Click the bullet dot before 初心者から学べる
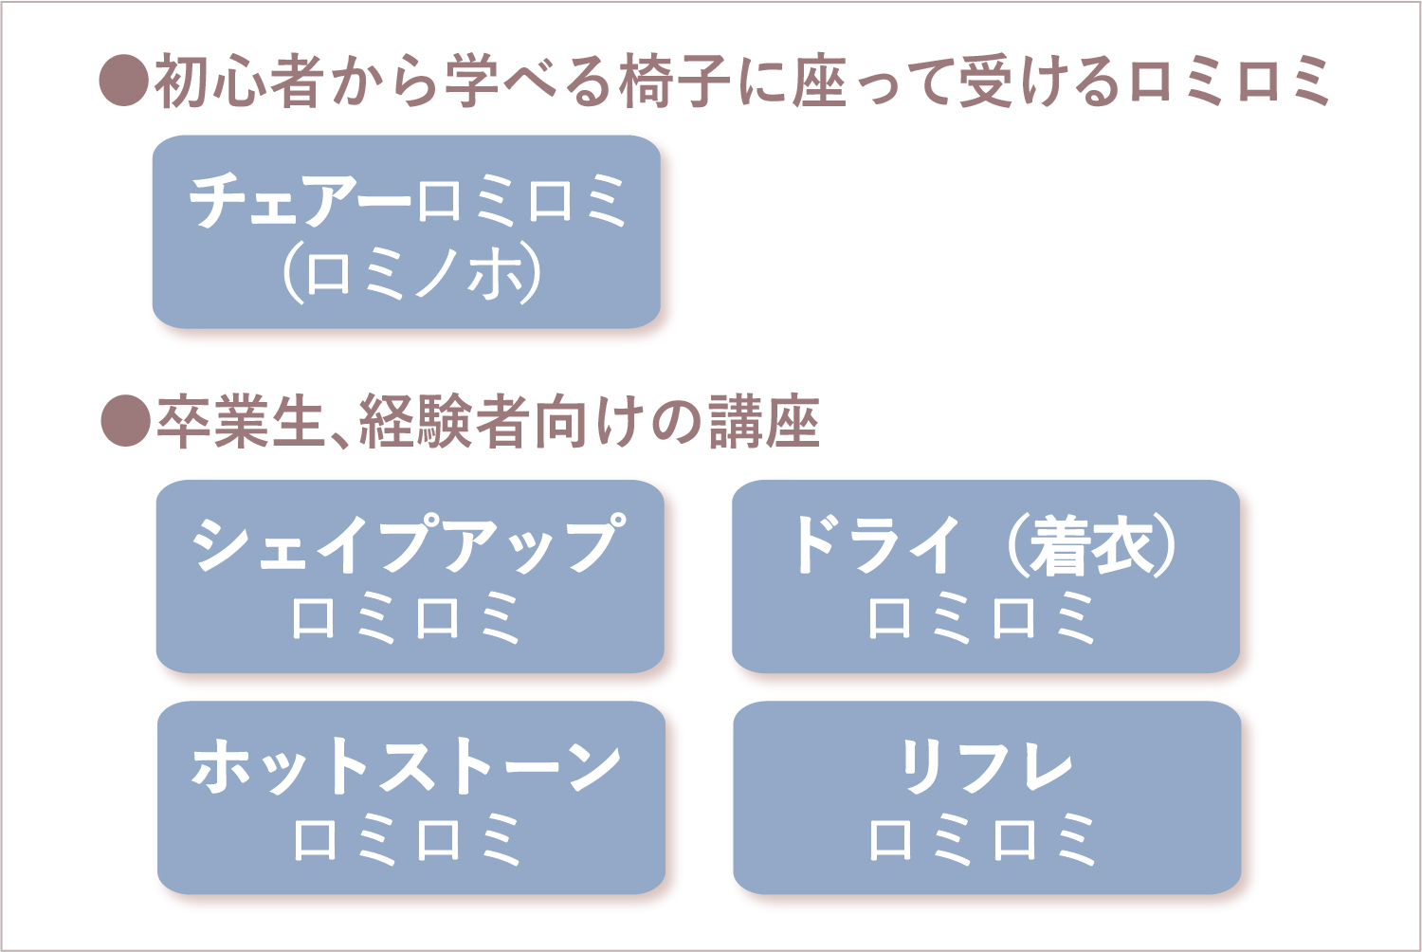(x=124, y=80)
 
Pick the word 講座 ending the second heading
(x=764, y=422)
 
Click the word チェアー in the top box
(x=300, y=201)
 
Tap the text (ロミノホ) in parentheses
(x=411, y=274)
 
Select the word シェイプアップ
(x=409, y=543)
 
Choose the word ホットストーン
(x=407, y=766)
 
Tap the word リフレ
(x=986, y=766)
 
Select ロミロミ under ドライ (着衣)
(x=981, y=616)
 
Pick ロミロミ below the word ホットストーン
(x=408, y=839)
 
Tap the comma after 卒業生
(x=339, y=439)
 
